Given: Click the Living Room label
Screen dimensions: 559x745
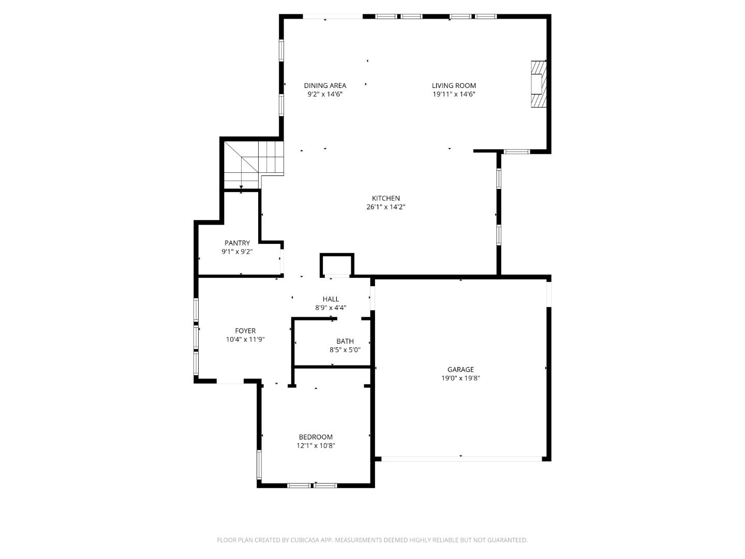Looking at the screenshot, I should (x=454, y=85).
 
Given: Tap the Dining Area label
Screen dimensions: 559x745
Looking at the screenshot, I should (x=325, y=85).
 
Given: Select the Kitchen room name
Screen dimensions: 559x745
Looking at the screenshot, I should (x=386, y=198).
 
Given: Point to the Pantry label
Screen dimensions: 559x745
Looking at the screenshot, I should (x=237, y=243).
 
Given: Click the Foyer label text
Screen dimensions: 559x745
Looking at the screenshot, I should (x=245, y=331).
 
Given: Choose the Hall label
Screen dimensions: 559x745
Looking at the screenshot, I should (x=331, y=299).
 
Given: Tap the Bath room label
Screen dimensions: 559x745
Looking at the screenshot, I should (x=345, y=341).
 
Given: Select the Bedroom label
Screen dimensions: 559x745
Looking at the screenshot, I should (x=316, y=437).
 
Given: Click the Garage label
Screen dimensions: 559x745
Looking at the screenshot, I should (x=460, y=370).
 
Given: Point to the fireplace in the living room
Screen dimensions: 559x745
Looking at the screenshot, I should (x=539, y=84).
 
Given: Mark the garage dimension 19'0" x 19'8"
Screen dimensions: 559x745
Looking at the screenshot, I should (x=460, y=378).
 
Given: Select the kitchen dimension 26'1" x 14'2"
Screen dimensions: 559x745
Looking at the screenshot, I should (x=386, y=207).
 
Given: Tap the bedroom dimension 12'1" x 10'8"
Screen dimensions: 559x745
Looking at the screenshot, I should (x=316, y=446).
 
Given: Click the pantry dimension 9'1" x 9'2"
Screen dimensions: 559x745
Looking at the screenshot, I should (x=237, y=252).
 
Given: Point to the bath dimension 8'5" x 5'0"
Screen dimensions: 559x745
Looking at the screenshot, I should (x=345, y=350).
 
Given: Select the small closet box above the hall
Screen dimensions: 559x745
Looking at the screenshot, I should (x=337, y=265).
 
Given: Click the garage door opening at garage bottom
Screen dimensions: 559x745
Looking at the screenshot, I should (x=460, y=459).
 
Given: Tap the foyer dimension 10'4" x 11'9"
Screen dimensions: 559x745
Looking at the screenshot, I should (x=245, y=340).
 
